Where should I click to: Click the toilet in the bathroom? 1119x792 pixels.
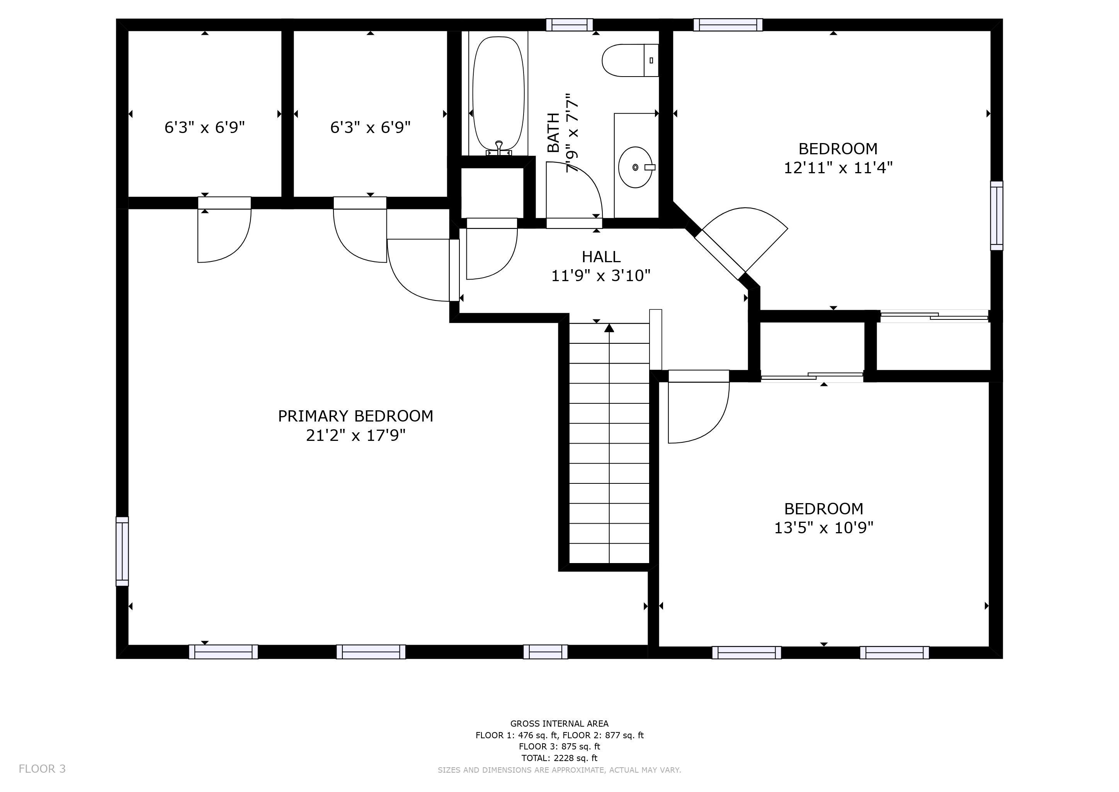pos(629,60)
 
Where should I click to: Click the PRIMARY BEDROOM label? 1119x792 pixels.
pos(355,416)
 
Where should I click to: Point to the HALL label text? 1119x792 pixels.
pos(601,256)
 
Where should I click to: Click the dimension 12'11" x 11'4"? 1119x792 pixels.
pos(838,168)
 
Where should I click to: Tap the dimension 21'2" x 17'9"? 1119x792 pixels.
pos(355,435)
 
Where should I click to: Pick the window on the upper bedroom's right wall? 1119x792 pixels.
pos(997,215)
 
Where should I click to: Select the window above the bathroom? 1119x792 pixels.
pos(569,25)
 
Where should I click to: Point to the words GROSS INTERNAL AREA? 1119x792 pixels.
pos(559,724)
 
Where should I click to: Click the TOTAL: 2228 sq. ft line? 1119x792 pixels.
pos(559,758)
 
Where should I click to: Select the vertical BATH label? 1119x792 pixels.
pos(553,133)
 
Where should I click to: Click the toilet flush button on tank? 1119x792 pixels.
pos(651,60)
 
